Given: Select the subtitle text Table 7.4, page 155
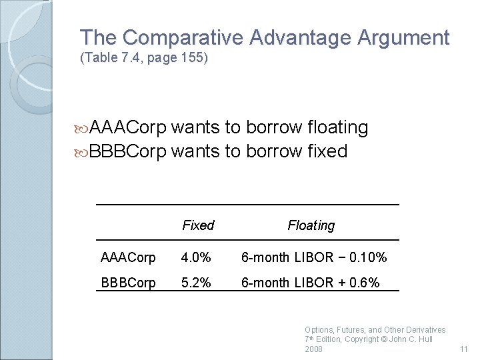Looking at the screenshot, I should coord(144,58).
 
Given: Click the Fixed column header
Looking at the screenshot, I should coord(198,225).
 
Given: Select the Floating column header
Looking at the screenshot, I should coord(311,225).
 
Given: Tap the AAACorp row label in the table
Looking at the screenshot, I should coord(128,257).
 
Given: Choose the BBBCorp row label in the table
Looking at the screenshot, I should coord(128,283).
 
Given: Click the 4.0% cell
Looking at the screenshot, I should coord(197,257).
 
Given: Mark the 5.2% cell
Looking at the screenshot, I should coord(197,283).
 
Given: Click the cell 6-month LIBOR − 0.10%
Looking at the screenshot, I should coord(313,257).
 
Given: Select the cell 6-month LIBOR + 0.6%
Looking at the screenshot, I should coord(310,283).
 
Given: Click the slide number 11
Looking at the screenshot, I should coord(464,349).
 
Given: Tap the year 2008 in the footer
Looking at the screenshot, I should coord(313,349).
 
